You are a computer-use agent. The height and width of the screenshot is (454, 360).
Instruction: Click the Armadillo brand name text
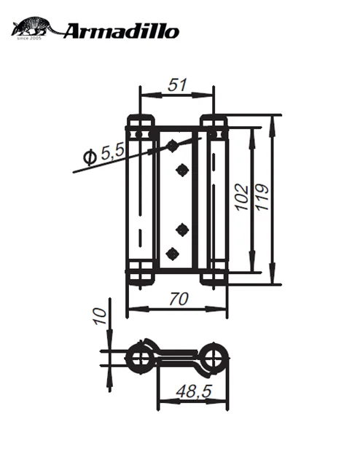click(x=120, y=31)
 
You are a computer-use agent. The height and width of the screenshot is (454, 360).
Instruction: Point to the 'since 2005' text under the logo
click(x=30, y=38)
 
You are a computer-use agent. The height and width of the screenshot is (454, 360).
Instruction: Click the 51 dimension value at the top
click(x=176, y=85)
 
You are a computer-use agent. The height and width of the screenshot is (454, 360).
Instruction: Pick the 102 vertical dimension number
click(x=243, y=195)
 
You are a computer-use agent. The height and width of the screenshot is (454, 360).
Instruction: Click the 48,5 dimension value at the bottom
click(x=193, y=392)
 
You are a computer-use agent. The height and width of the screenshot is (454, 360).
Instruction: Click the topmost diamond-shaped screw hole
click(x=173, y=146)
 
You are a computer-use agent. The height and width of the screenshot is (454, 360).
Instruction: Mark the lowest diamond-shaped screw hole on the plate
click(x=173, y=254)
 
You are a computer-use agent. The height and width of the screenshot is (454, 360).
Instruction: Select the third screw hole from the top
click(x=182, y=230)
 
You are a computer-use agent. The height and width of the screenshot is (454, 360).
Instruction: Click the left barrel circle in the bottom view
click(x=138, y=356)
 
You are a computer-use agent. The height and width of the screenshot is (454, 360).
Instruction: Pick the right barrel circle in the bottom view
click(x=214, y=356)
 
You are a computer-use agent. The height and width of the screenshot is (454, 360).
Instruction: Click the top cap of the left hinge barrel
click(x=140, y=121)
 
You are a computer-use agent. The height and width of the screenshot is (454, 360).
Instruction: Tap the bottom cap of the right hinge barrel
click(x=214, y=276)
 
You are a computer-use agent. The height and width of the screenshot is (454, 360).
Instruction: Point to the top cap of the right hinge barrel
click(x=214, y=121)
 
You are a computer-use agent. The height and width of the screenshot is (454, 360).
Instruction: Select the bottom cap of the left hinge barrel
click(x=140, y=276)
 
